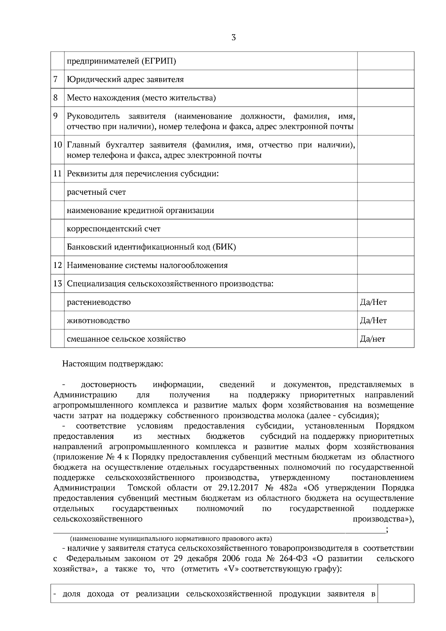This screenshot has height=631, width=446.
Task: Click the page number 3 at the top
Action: pyautogui.click(x=233, y=38)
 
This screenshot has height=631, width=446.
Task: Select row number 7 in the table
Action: pyautogui.click(x=56, y=79)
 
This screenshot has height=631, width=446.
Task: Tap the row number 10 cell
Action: pyautogui.click(x=57, y=145)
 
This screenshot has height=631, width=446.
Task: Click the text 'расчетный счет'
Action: pyautogui.click(x=96, y=192)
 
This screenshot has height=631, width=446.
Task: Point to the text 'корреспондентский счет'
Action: pyautogui.click(x=113, y=229)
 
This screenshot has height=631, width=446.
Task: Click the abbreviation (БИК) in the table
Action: pyautogui.click(x=224, y=247)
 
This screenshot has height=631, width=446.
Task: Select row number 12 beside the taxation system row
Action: pyautogui.click(x=57, y=265)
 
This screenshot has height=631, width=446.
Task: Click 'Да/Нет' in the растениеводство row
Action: pyautogui.click(x=373, y=302)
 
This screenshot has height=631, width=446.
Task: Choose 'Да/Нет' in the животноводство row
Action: pyautogui.click(x=373, y=320)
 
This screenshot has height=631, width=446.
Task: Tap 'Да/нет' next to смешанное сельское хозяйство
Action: pyautogui.click(x=372, y=339)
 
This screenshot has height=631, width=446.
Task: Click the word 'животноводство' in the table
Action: pyautogui.click(x=98, y=320)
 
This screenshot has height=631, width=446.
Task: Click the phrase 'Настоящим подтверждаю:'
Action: pyautogui.click(x=113, y=363)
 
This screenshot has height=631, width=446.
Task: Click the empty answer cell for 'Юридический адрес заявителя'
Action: pyautogui.click(x=385, y=79)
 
